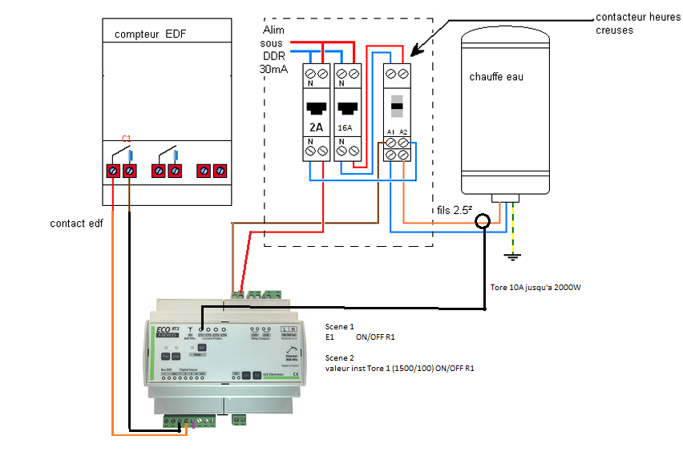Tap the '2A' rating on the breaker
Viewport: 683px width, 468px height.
pos(316,127)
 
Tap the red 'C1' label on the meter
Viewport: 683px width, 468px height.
pos(126,139)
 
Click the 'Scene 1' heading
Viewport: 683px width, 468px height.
pos(339,327)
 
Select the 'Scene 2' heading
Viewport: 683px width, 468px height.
pos(339,359)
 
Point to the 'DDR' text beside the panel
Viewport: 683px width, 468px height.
pos(273,56)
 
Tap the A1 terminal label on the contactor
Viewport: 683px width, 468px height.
pos(390,131)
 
